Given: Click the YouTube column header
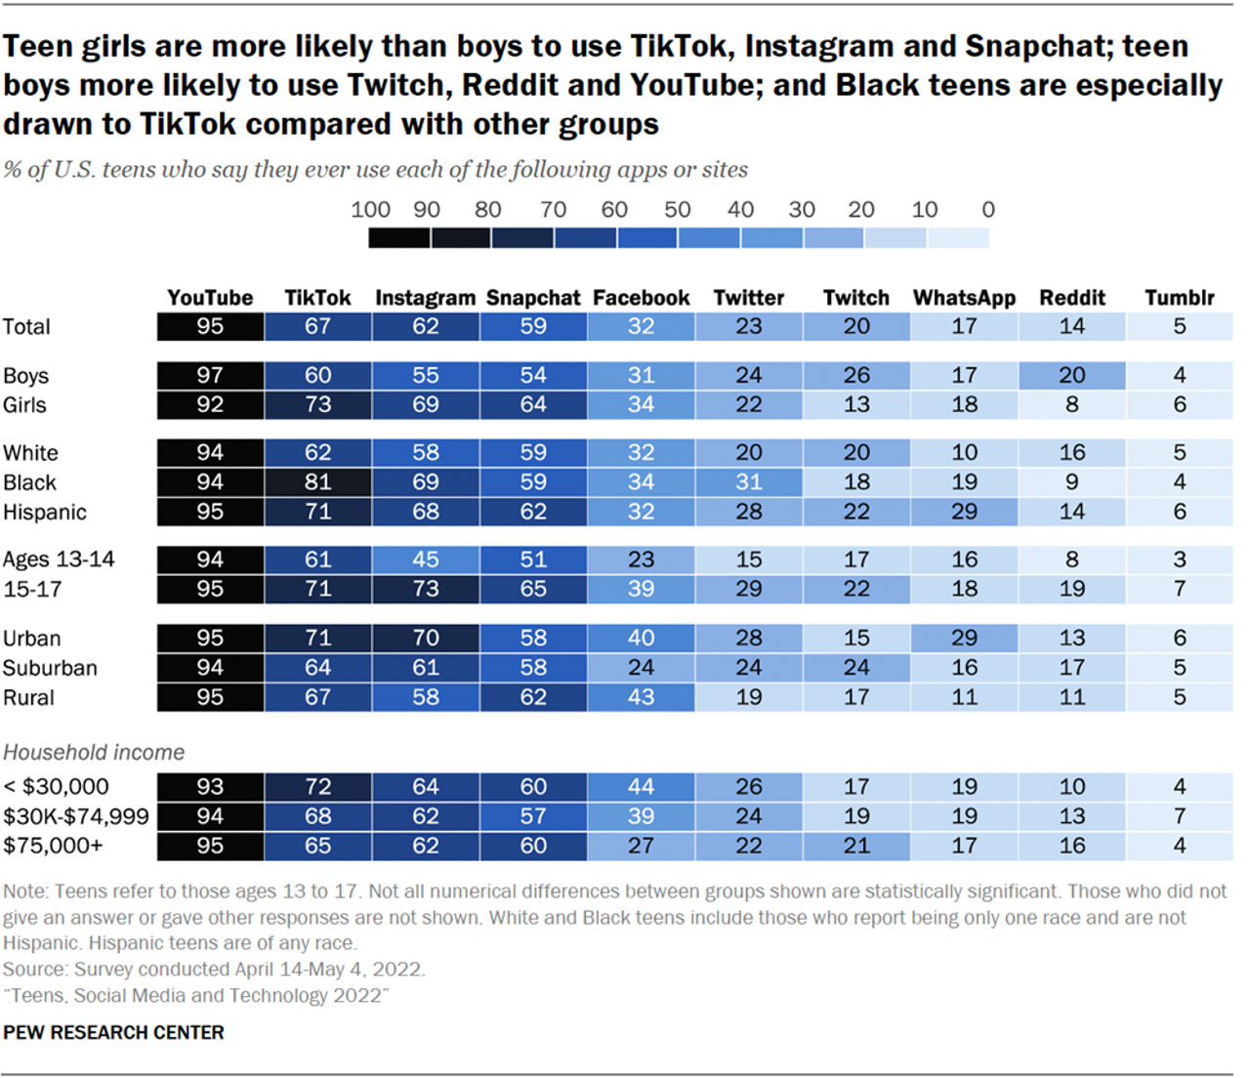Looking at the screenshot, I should pyautogui.click(x=210, y=298).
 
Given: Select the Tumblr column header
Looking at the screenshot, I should pyautogui.click(x=1180, y=298).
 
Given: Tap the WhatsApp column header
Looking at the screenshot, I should pyautogui.click(x=964, y=298).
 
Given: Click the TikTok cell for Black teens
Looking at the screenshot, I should pyautogui.click(x=317, y=482).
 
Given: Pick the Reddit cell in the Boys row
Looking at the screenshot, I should pyautogui.click(x=1071, y=376).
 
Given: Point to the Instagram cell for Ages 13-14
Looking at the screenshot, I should pyautogui.click(x=425, y=560).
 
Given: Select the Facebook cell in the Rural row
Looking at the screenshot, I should pyautogui.click(x=641, y=697).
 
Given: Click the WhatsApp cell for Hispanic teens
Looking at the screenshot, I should pyautogui.click(x=964, y=512).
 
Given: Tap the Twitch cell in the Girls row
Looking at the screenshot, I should pyautogui.click(x=856, y=405).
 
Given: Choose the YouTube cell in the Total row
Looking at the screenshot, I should pyautogui.click(x=210, y=327).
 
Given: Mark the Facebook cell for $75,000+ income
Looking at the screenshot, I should pyautogui.click(x=641, y=846).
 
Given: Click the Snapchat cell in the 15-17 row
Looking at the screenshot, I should pyautogui.click(x=533, y=589).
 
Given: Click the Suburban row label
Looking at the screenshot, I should pyautogui.click(x=50, y=668).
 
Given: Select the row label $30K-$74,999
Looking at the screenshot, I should pyautogui.click(x=76, y=816).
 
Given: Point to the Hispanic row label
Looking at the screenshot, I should pyautogui.click(x=45, y=513).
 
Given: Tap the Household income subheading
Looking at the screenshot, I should pyautogui.click(x=94, y=753).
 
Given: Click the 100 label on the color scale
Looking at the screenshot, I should pyautogui.click(x=370, y=210).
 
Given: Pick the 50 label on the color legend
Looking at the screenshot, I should pyautogui.click(x=677, y=210).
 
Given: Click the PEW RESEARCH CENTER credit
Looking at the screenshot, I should pyautogui.click(x=113, y=1032).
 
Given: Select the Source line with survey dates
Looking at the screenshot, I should pyautogui.click(x=214, y=970).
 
